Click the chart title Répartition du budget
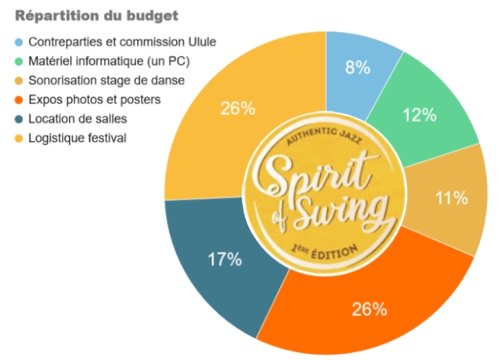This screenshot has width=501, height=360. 97,16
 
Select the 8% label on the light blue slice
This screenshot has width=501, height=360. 358,68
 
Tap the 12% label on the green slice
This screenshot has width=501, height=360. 420,116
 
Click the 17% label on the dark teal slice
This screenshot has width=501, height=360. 224,260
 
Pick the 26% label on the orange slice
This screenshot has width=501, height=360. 369,309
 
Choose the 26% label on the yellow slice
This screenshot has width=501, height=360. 237,109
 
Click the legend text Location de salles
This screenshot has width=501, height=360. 77,119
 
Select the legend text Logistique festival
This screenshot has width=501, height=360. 77,139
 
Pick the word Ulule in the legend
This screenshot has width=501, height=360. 200,41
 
